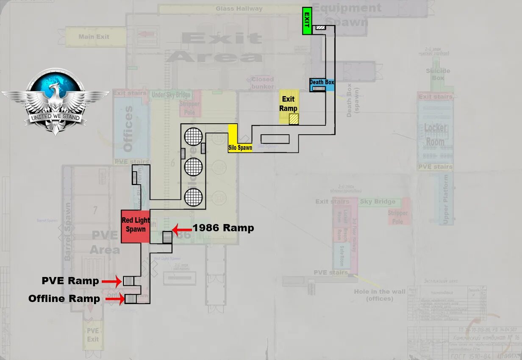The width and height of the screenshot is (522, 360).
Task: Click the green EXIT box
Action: [307, 21]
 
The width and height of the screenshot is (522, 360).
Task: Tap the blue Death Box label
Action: [322, 83]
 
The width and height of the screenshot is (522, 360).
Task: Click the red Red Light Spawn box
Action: [135, 226]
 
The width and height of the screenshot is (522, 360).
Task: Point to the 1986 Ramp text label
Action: [223, 228]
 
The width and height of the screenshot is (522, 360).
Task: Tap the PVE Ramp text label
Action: [70, 280]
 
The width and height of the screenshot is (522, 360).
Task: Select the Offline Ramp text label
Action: [64, 299]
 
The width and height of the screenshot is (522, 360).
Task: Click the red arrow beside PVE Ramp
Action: [112, 281]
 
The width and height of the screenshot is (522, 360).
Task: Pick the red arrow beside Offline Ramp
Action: [114, 299]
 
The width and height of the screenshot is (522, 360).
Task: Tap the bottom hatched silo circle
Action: [193, 197]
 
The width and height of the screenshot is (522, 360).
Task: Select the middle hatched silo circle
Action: [193, 167]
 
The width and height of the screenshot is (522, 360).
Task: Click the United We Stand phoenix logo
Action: [55, 102]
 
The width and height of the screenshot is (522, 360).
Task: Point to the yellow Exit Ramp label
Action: [289, 104]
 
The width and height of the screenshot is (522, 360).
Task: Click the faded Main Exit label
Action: [94, 37]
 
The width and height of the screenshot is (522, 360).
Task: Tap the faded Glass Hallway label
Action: [239, 8]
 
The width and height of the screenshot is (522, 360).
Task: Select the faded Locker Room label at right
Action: [435, 135]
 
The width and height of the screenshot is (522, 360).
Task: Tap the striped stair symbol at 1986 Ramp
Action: [167, 236]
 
